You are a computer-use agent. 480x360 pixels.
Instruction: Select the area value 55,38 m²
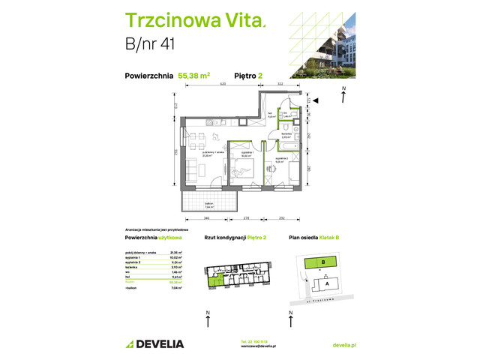pos(193,75)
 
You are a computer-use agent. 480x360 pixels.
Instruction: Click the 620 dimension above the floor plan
pos(223,84)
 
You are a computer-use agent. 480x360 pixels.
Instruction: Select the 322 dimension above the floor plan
pos(280,84)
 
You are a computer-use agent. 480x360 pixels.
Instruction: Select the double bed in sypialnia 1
pos(247,172)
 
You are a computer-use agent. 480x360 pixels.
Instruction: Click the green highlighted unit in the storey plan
pos(217,280)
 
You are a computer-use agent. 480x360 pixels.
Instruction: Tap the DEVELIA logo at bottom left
pos(154,343)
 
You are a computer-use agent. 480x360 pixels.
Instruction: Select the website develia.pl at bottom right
pos(343,343)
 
